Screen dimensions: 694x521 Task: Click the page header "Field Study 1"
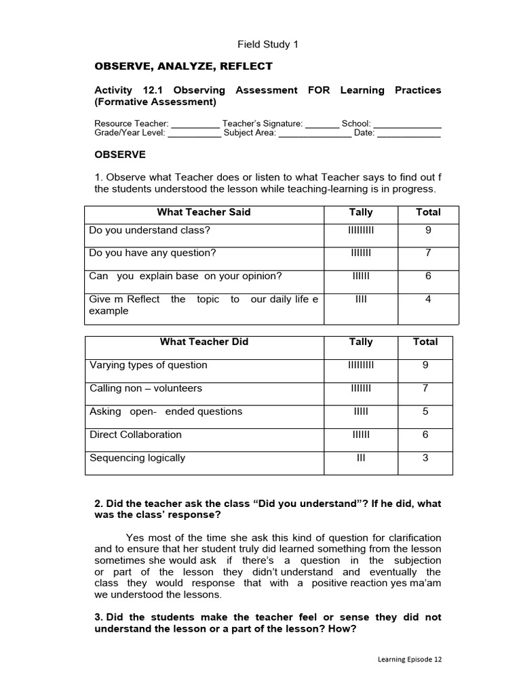point(267,45)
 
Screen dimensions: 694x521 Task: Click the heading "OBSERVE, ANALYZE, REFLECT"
point(183,66)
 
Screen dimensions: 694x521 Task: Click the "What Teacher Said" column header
point(204,212)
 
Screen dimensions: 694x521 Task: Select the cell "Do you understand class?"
point(150,230)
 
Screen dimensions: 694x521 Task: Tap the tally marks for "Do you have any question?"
point(361,253)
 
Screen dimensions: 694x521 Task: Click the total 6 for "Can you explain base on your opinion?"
point(428,277)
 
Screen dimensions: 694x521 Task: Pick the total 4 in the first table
point(428,300)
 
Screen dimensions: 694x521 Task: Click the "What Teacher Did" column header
point(204,342)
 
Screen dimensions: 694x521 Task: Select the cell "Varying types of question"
point(149,365)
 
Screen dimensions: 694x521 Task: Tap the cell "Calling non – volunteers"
point(146,389)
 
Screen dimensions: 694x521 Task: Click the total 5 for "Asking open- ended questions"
point(425,412)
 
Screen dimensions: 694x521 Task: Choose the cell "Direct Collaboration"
point(136,435)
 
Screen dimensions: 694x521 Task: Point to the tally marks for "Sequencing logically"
point(361,458)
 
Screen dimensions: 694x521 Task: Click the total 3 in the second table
point(425,458)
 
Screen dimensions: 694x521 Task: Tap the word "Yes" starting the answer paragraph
point(134,537)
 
